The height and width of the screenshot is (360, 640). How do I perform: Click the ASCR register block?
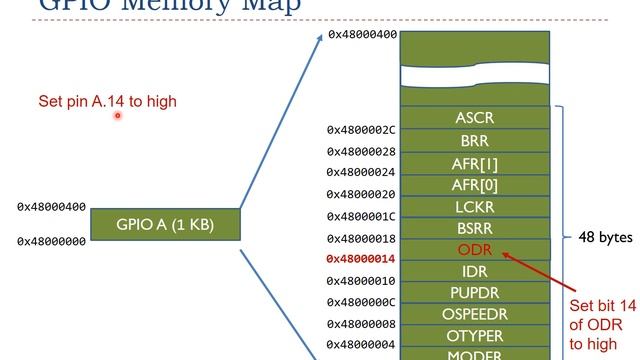474,118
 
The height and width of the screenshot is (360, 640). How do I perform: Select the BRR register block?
474,141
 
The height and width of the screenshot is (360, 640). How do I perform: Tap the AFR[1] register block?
474,163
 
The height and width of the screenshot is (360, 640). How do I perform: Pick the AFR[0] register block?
474,184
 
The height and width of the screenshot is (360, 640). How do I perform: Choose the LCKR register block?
474,206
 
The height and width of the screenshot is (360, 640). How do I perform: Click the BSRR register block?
474,228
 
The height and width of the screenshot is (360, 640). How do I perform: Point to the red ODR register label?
474,249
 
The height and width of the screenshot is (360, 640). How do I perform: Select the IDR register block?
474,271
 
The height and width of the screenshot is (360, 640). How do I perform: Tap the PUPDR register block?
474,293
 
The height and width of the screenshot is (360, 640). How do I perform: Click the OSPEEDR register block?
474,314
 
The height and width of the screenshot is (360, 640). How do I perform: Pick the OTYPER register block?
474,336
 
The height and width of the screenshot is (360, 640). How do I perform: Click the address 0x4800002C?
361,130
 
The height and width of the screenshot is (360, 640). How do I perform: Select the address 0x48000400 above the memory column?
362,35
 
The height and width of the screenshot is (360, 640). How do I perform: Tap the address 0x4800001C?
361,216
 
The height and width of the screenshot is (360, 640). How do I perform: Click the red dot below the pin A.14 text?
117,115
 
